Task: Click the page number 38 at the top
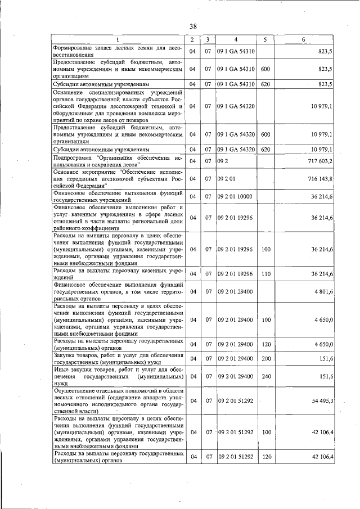click(193, 26)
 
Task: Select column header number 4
click(236, 39)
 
